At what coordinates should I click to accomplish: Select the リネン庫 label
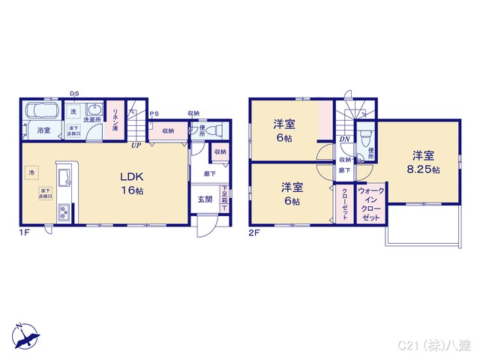(x=115, y=120)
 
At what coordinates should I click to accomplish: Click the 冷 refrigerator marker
(x=31, y=172)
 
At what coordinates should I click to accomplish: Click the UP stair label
(x=136, y=145)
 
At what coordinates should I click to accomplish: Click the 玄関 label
(x=205, y=199)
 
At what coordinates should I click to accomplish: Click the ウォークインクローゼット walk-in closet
(x=370, y=204)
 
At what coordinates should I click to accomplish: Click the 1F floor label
(x=25, y=233)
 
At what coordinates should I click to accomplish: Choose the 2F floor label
(x=254, y=233)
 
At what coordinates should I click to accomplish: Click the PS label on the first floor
(x=154, y=114)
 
